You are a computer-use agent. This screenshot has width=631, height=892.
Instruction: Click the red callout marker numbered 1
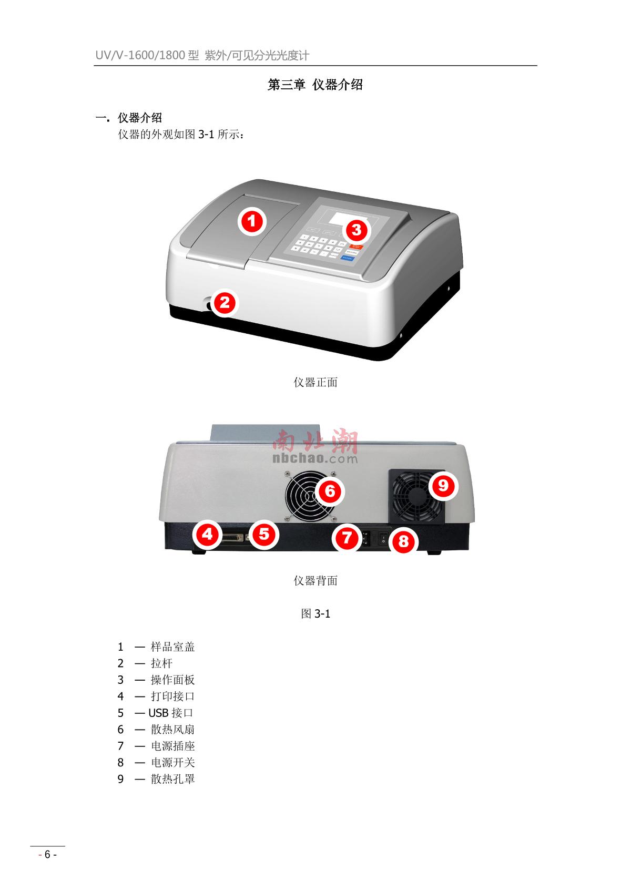[x=252, y=221]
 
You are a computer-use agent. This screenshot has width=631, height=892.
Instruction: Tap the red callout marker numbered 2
[x=225, y=303]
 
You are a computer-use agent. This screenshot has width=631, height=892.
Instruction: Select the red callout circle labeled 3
[x=357, y=230]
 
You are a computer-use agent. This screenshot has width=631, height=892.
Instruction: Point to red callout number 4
[x=208, y=535]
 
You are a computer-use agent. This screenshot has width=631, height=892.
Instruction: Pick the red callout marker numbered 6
[x=330, y=491]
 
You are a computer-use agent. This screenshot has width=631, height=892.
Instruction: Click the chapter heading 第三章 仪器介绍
[x=315, y=85]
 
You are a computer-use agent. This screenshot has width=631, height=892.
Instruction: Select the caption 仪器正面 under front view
[x=315, y=383]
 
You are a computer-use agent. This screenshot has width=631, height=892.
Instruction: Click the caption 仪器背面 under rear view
[x=315, y=581]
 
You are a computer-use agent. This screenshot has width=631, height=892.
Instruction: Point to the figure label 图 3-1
[x=315, y=613]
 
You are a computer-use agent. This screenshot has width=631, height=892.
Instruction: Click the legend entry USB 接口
[x=171, y=713]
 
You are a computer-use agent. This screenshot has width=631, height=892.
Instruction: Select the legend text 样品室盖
[x=172, y=647]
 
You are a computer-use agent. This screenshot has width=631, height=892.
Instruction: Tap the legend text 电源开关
[x=172, y=763]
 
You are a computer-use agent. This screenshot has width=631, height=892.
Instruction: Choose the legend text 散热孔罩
[x=172, y=779]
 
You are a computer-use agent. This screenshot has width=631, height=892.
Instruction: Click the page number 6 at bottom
[x=47, y=855]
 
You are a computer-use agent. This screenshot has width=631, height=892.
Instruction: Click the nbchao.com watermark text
[x=315, y=459]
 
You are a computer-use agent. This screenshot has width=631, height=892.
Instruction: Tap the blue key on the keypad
[x=348, y=258]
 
